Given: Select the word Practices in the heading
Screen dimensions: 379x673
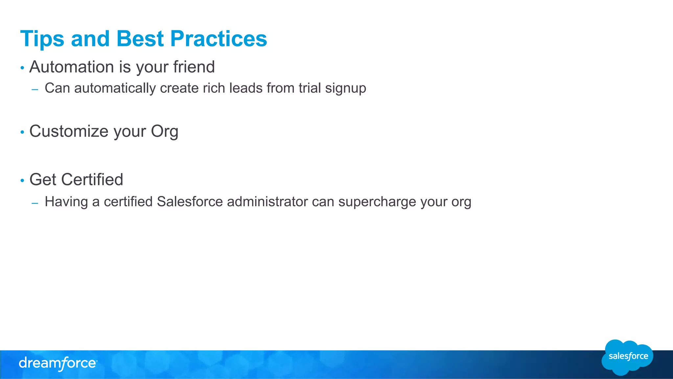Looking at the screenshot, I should (x=219, y=39).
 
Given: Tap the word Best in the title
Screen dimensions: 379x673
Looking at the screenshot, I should (x=140, y=39).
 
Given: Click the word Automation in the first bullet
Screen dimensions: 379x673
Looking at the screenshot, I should (x=71, y=67).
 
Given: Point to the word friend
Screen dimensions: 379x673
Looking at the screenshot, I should (x=194, y=67).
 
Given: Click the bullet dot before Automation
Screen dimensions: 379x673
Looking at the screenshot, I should (x=22, y=68).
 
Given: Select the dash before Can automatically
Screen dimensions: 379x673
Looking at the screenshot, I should (x=35, y=89).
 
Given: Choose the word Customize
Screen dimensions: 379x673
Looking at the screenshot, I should (x=69, y=131).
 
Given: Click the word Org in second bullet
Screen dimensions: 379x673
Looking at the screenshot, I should (x=164, y=132).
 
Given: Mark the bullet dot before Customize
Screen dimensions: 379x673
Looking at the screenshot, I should (x=22, y=132).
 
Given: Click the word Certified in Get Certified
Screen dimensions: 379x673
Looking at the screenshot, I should (x=92, y=180).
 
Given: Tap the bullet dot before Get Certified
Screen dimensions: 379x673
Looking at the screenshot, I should (x=22, y=180).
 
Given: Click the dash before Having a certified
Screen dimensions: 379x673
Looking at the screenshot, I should (x=35, y=203).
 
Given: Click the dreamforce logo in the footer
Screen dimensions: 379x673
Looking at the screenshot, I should (x=58, y=364).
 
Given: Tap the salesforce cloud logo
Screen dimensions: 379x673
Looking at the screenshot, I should (x=628, y=357).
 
